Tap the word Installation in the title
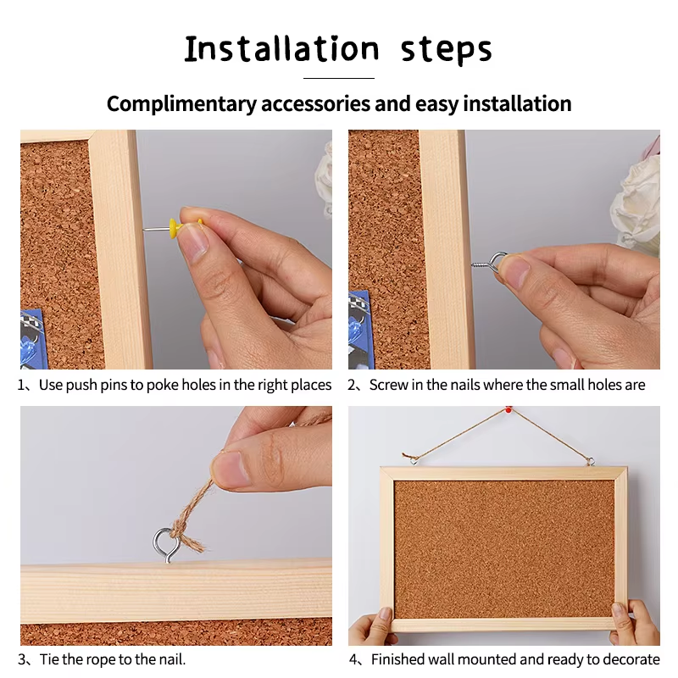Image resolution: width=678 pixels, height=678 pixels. pyautogui.click(x=281, y=49)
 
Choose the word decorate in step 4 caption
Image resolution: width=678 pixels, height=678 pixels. pyautogui.click(x=628, y=659)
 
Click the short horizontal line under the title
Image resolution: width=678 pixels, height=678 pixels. pyautogui.click(x=338, y=78)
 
